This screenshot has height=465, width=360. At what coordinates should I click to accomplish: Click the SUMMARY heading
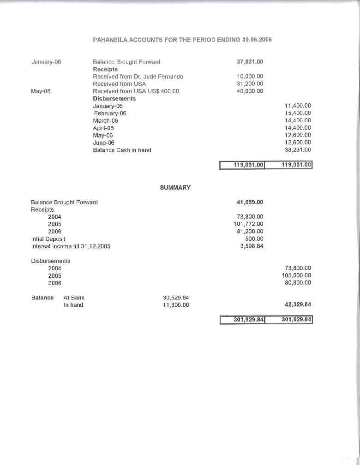click(175, 188)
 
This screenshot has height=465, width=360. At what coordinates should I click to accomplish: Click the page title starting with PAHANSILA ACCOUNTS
click(182, 40)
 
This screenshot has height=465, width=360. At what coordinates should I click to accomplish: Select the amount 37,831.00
click(250, 61)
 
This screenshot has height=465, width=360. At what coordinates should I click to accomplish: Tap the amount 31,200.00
click(250, 83)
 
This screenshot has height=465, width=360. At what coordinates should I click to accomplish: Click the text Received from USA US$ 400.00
click(136, 91)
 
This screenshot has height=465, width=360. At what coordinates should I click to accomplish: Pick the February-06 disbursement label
click(110, 113)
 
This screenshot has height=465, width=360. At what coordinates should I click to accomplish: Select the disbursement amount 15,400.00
click(298, 113)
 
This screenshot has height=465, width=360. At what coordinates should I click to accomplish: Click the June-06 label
click(103, 143)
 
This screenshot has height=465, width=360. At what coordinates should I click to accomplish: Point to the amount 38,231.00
click(298, 150)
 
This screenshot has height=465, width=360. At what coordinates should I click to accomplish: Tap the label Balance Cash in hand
click(122, 150)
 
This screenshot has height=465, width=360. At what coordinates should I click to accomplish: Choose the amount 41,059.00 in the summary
click(250, 202)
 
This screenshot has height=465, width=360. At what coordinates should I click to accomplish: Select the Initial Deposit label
click(48, 239)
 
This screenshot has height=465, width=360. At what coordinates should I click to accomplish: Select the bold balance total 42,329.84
click(296, 305)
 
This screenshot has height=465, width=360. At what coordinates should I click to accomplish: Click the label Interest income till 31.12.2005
click(71, 246)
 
